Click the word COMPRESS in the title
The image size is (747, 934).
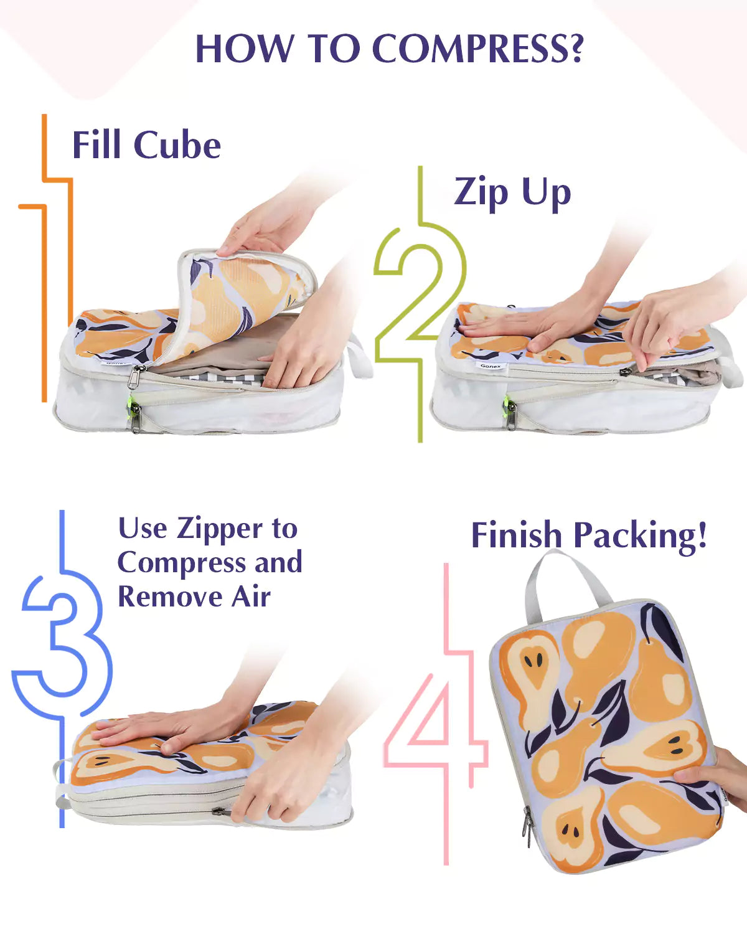(x=478, y=49)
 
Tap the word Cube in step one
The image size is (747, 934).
(x=177, y=145)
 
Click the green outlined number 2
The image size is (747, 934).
(x=420, y=300)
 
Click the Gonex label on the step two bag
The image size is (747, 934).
(x=491, y=366)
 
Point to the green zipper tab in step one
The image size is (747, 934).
(x=129, y=402)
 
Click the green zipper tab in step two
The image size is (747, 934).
(x=506, y=403)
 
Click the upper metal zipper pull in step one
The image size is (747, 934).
(x=136, y=376)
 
